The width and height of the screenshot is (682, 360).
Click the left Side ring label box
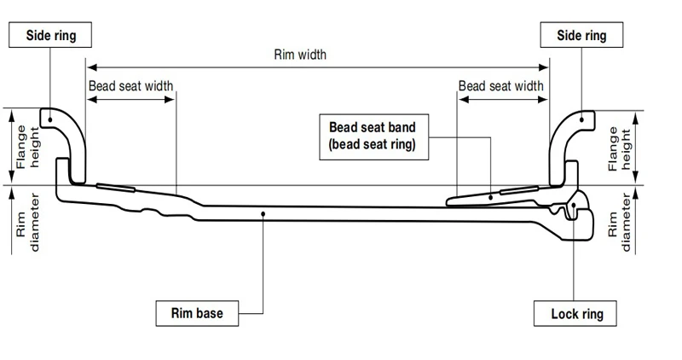(x=50, y=35)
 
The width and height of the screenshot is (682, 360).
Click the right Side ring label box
(x=581, y=35)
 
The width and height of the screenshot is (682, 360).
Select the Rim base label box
(x=197, y=313)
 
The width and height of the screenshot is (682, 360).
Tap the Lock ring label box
(x=575, y=313)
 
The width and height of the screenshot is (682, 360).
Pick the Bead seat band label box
(x=374, y=136)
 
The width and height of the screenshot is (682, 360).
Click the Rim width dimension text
(x=300, y=55)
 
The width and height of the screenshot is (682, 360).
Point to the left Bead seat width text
(x=131, y=86)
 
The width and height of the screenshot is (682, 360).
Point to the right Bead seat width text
(x=501, y=86)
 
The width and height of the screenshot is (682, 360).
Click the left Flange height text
(x=27, y=147)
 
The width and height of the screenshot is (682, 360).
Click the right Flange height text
(x=620, y=149)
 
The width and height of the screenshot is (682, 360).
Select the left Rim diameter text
(x=27, y=223)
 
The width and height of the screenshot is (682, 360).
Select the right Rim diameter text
(x=620, y=223)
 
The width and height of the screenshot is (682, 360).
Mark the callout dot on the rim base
(x=263, y=213)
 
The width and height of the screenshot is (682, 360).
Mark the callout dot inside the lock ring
(x=574, y=205)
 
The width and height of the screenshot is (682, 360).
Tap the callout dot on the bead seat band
(x=491, y=197)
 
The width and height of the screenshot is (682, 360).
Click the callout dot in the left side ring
(x=50, y=119)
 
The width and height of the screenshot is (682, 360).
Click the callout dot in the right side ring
(x=582, y=119)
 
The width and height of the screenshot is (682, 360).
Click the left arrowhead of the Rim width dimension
(x=91, y=67)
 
